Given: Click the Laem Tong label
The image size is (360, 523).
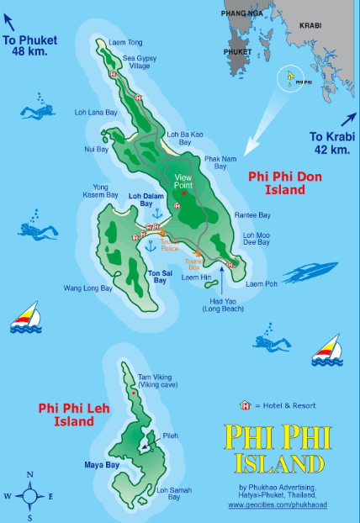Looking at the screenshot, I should click(x=124, y=42).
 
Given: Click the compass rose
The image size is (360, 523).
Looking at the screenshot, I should click(x=30, y=495).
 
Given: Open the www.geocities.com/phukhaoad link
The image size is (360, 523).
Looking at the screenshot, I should click(x=278, y=505).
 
